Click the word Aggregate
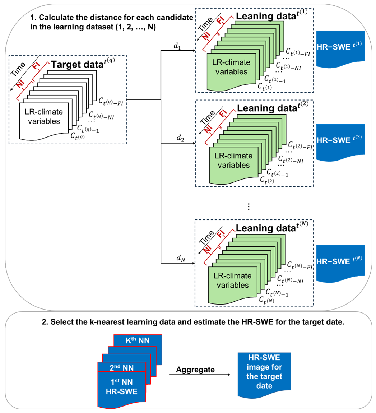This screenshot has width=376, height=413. (x=196, y=370)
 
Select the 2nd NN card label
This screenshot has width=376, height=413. (x=122, y=367)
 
